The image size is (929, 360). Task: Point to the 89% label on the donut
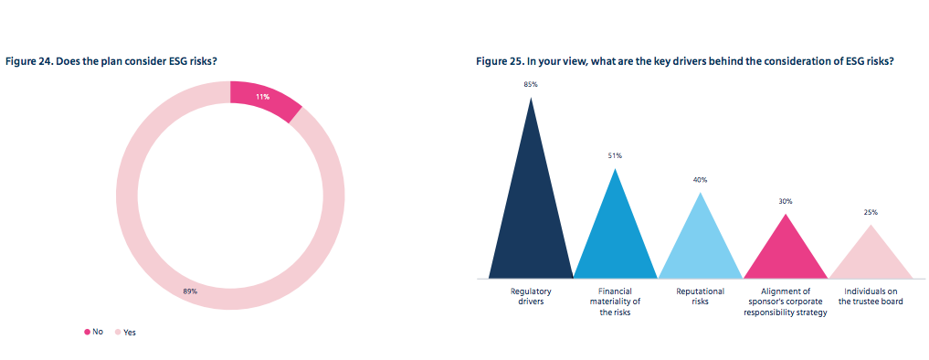pos(190,291)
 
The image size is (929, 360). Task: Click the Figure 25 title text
pos(684,61)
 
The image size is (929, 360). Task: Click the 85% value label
pos(531,84)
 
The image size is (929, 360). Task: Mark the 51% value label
pos(616,155)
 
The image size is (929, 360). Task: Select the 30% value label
pos(786,200)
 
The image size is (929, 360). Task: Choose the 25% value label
pos(871,212)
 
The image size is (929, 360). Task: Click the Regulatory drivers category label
pos(531,296)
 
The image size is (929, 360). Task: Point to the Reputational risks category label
pos(701,296)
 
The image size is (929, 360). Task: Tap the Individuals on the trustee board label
pos(871,296)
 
